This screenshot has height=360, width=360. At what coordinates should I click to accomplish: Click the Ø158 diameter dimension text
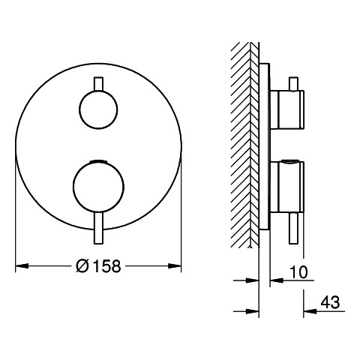pyautogui.click(x=98, y=266)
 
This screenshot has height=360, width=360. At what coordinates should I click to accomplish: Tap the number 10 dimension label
pyautogui.click(x=298, y=272)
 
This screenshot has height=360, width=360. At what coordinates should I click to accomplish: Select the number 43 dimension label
pyautogui.click(x=330, y=302)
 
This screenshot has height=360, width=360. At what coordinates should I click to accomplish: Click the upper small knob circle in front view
pyautogui.click(x=98, y=109)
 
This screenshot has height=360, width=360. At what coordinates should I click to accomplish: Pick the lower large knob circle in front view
pyautogui.click(x=98, y=187)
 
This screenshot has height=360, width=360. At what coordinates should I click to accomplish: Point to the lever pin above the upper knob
pyautogui.click(x=98, y=84)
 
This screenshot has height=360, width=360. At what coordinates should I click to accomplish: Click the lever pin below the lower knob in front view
pyautogui.click(x=98, y=228)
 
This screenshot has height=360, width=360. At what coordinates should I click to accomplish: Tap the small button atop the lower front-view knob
pyautogui.click(x=98, y=160)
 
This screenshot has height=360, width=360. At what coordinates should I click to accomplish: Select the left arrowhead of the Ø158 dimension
pyautogui.click(x=22, y=266)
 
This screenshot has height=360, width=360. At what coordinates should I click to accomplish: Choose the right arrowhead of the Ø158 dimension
pyautogui.click(x=175, y=266)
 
